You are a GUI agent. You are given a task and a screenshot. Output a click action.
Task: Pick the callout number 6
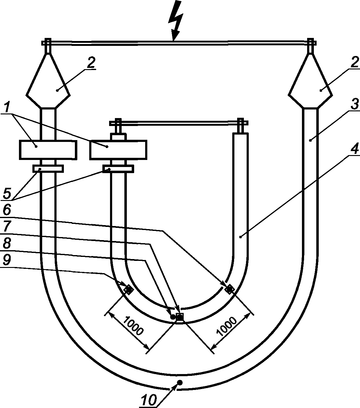[x=7, y=210]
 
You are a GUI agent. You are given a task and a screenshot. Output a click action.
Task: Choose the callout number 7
[x=7, y=226]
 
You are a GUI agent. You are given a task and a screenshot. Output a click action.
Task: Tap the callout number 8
[x=7, y=243]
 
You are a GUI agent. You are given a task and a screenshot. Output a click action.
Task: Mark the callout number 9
[x=7, y=260]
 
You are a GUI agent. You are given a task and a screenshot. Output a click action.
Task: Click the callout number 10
[x=149, y=400]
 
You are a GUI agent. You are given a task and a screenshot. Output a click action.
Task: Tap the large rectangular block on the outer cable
[x=48, y=150]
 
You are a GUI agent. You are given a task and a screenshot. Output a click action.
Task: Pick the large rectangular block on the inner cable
[x=118, y=150]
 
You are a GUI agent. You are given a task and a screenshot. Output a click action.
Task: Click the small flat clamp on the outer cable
[x=48, y=169]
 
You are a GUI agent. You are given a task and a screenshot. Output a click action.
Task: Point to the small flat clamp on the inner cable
[x=118, y=169]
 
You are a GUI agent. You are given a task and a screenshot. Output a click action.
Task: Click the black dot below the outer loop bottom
[x=180, y=382]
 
